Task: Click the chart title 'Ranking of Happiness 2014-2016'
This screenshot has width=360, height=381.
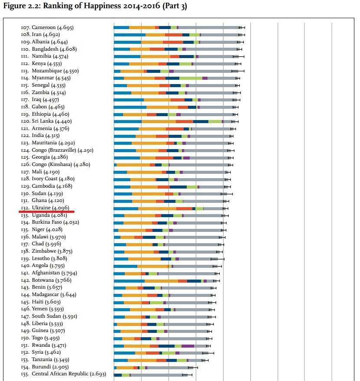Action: pyautogui.click(x=101, y=6)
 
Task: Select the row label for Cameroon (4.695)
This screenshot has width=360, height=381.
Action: pyautogui.click(x=47, y=27)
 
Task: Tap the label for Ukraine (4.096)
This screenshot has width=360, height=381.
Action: pyautogui.click(x=45, y=208)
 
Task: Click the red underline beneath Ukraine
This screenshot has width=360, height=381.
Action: pyautogui.click(x=46, y=212)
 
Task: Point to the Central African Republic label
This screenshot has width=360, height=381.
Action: pyautogui.click(x=63, y=374)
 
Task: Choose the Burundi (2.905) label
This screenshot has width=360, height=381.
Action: pyautogui.click(x=45, y=367)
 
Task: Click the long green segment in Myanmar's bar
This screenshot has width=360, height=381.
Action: pyautogui.click(x=191, y=78)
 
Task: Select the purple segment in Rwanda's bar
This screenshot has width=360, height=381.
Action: pyautogui.click(x=188, y=346)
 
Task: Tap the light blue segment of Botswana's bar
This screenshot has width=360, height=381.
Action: pyautogui.click(x=129, y=281)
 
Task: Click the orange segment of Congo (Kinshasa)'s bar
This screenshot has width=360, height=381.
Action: pyautogui.click(x=133, y=165)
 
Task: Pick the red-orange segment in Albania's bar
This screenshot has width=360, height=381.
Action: pyautogui.click(x=173, y=42)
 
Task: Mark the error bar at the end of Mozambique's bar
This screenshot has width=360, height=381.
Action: pyautogui.click(x=238, y=71)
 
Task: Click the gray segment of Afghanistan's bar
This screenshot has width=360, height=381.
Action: pyautogui.click(x=187, y=274)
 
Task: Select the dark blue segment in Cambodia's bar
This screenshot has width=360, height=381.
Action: pyautogui.click(x=178, y=187)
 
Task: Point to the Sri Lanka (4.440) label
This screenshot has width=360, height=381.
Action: pyautogui.click(x=46, y=121)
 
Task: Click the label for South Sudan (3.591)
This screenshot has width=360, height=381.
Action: pyautogui.click(x=49, y=316)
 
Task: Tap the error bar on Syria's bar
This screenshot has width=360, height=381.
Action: pyautogui.click(x=208, y=353)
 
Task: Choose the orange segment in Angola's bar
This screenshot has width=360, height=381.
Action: pyautogui.click(x=152, y=267)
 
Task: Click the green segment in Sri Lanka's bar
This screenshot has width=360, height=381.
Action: pyautogui.click(x=215, y=121)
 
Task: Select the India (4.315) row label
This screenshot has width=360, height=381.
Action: pyautogui.click(x=40, y=135)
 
